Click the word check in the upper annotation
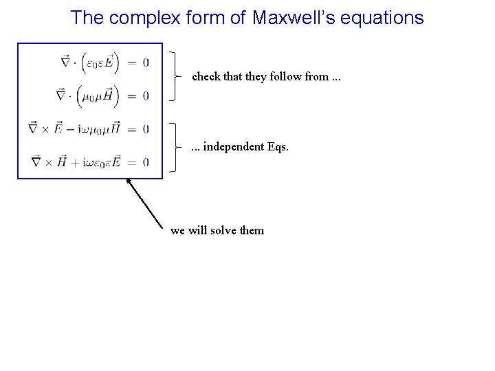coord(206,77)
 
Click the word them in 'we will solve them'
coord(252,230)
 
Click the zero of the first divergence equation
coord(146,63)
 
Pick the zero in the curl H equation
coord(146,162)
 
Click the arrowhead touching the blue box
coord(129,181)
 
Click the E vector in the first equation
coord(108,63)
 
